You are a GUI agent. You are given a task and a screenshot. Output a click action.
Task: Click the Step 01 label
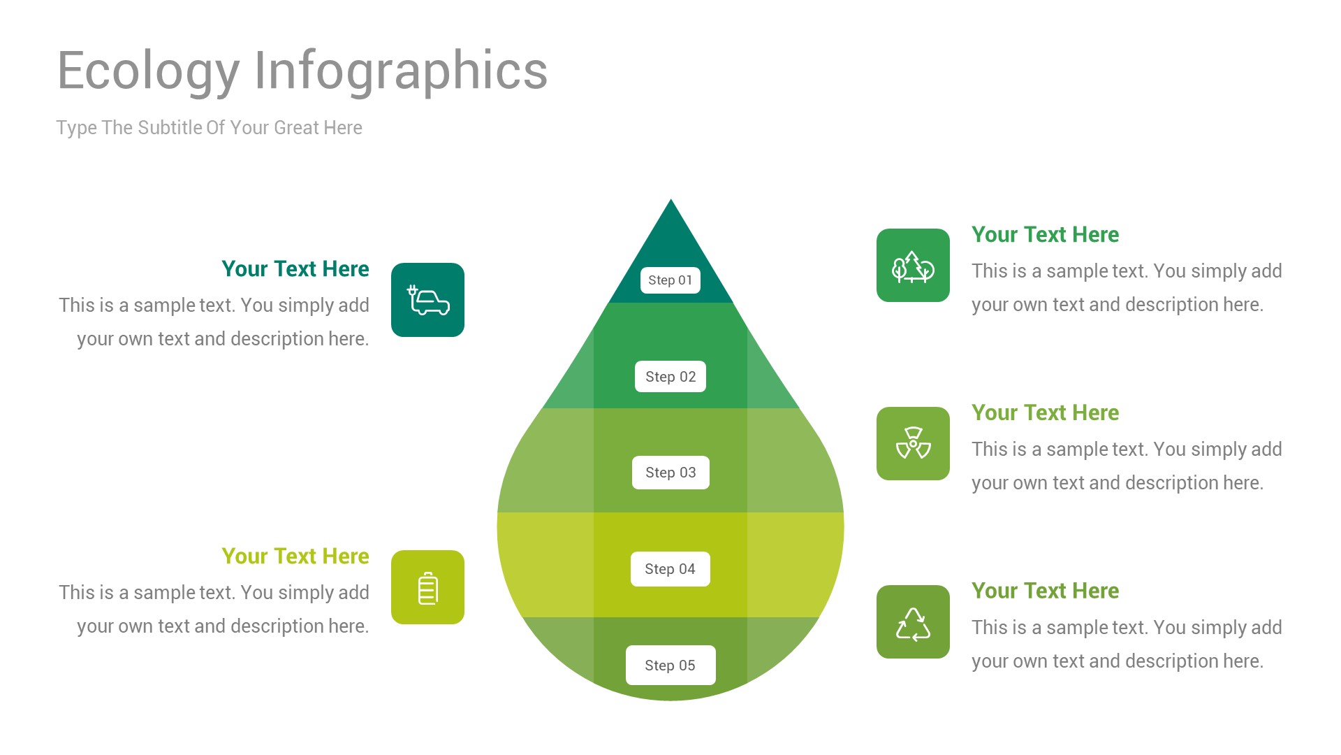coord(670,280)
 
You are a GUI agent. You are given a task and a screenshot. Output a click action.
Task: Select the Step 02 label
coord(670,377)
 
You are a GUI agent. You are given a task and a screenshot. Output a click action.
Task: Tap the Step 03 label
coord(670,473)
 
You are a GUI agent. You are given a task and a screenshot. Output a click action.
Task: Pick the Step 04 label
coord(670,569)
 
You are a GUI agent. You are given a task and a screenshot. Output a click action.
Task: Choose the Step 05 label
coord(670,666)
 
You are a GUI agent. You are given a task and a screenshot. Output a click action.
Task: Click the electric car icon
coord(427,300)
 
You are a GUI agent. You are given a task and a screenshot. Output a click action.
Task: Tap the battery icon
coord(427,587)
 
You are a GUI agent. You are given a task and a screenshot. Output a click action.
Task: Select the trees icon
coord(913,266)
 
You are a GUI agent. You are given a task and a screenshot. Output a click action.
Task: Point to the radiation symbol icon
coord(913,443)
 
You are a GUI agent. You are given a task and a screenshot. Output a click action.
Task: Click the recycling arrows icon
coord(913,622)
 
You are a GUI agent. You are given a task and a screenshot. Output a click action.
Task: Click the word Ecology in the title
coord(148,71)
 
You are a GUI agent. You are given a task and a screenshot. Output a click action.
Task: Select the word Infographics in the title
coord(400,71)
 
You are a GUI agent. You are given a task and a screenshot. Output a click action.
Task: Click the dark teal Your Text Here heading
coord(295,269)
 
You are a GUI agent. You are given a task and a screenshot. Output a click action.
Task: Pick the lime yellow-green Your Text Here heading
coord(295,556)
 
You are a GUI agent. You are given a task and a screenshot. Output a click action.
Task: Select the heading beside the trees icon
coord(1045,235)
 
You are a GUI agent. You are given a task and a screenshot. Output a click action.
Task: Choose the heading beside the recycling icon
coord(1045,591)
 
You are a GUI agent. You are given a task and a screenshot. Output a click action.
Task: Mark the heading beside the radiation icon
coord(1045,413)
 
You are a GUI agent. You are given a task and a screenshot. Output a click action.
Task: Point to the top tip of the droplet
coord(670,203)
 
